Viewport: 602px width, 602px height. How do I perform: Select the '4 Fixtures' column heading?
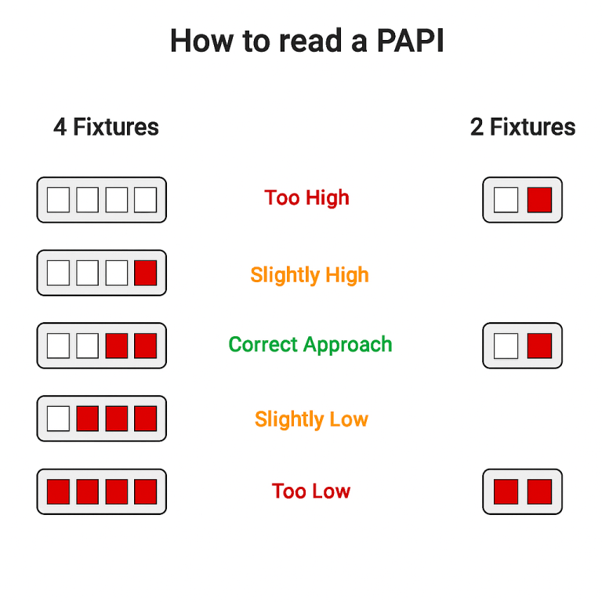click(x=106, y=127)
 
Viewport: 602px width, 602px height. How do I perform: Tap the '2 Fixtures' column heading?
click(x=523, y=127)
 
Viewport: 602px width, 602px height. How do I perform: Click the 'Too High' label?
click(x=306, y=198)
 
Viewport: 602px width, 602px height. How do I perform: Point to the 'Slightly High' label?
click(x=310, y=275)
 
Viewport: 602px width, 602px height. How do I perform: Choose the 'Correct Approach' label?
click(x=310, y=345)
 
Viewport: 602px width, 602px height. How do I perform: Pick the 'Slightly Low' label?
click(x=311, y=419)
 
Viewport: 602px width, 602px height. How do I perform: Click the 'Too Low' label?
click(x=311, y=491)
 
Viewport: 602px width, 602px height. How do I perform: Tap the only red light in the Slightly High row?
click(x=146, y=273)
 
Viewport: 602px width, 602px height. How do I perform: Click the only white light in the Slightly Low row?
click(x=58, y=419)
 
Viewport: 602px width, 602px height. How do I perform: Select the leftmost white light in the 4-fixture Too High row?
click(x=58, y=200)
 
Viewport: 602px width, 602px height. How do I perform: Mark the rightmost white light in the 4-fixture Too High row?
click(x=146, y=200)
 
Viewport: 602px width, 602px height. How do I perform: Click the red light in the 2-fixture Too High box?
click(x=539, y=200)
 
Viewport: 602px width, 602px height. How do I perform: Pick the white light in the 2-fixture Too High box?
click(x=506, y=200)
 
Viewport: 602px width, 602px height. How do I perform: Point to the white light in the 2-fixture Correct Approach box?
click(x=506, y=346)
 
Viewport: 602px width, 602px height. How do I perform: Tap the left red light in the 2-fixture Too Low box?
click(x=506, y=491)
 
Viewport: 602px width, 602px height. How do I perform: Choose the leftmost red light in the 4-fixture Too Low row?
click(x=58, y=491)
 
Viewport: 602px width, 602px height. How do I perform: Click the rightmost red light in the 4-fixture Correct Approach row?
click(x=146, y=346)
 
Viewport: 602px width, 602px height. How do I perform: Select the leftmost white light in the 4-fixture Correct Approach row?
click(x=58, y=346)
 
